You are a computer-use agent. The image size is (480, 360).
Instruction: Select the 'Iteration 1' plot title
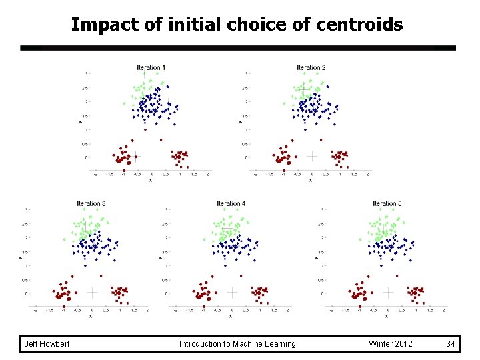151,67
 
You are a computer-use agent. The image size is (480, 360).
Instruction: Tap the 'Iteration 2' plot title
311,67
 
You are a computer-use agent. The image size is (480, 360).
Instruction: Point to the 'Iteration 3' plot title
91,203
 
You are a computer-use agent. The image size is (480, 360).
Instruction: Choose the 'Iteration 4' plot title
231,203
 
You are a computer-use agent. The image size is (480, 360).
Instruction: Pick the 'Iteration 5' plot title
387,203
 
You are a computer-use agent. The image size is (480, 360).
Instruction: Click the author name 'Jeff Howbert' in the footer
47,344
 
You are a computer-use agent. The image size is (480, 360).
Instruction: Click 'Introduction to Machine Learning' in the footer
237,344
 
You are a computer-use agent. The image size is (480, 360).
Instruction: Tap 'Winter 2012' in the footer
391,344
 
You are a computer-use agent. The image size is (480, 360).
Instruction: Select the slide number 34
451,344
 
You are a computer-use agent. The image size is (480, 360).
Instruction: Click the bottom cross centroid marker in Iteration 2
311,156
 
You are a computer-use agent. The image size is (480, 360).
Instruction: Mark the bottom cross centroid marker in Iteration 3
92,292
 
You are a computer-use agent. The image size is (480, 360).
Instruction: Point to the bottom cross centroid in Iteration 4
231,292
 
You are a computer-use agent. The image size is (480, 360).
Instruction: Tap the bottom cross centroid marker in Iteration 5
388,292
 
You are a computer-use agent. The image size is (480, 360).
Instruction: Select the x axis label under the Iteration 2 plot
310,180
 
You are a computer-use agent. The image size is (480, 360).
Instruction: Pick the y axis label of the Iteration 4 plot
159,256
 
